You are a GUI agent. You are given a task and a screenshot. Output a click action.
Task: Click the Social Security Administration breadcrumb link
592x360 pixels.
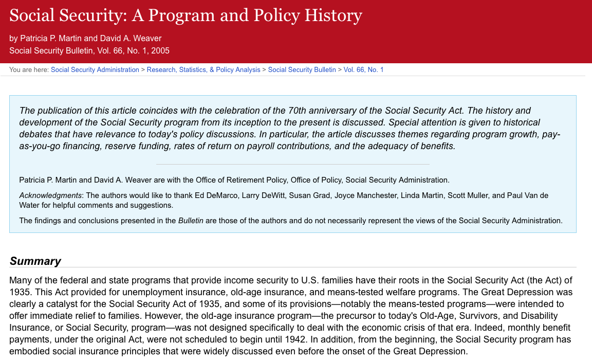tap(95, 70)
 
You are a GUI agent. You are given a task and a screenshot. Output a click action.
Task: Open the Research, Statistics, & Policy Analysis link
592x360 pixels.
tap(203, 70)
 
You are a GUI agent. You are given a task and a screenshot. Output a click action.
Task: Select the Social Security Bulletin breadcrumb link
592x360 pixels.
tap(302, 70)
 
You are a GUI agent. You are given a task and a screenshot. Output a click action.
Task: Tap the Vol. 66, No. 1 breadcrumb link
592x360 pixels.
tap(363, 70)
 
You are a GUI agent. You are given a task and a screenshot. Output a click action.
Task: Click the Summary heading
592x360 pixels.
tap(35, 261)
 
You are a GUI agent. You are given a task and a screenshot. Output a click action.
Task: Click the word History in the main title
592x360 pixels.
tap(333, 15)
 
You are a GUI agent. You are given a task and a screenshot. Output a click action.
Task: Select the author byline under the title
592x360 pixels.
tap(85, 39)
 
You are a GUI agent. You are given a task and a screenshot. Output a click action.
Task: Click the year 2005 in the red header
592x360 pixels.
tap(160, 51)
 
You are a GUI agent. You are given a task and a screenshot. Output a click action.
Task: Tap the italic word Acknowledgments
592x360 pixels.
tap(50, 195)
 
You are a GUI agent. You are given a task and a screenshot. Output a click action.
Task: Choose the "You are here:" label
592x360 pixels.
tap(29, 70)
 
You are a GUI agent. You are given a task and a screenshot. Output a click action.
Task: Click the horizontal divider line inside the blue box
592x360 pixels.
tap(292, 164)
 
